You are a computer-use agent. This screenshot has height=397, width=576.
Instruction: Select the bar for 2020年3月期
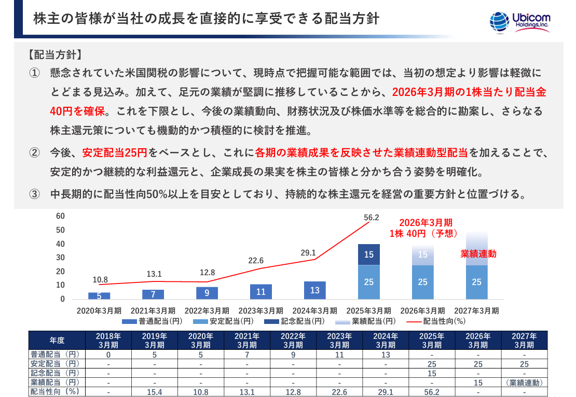click(99, 296)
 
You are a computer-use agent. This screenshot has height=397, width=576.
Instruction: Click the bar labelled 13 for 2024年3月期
click(315, 290)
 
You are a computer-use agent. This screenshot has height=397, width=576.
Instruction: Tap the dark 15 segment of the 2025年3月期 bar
click(369, 254)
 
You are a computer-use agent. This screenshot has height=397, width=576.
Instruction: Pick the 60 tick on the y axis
click(60, 216)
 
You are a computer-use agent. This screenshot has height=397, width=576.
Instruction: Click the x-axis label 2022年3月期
click(207, 310)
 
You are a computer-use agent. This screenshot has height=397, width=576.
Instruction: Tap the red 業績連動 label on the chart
click(479, 254)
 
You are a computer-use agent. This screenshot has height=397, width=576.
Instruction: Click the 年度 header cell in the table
click(57, 340)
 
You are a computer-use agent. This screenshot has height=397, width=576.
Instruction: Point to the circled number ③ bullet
click(34, 195)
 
